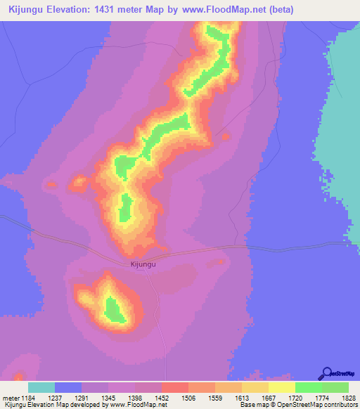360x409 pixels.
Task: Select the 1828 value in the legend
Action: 339,397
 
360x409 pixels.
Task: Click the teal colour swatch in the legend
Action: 41,387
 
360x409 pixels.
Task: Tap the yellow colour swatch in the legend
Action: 282,387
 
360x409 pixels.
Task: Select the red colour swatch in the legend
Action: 174,387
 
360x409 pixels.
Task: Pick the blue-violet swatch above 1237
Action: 68,387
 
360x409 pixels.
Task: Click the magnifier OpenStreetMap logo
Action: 327,373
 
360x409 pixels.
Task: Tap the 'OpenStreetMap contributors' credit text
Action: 321,405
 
